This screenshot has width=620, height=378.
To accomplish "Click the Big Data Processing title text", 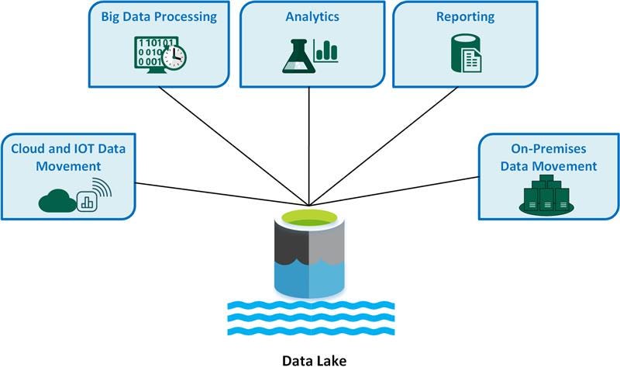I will (160, 16).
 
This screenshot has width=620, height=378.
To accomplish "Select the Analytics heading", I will (312, 16).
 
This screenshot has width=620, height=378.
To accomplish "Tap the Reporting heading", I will (466, 16).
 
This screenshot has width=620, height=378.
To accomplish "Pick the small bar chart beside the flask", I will (329, 52).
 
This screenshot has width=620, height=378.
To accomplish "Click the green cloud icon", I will (57, 201).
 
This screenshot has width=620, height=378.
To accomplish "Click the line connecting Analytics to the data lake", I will (310, 147).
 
